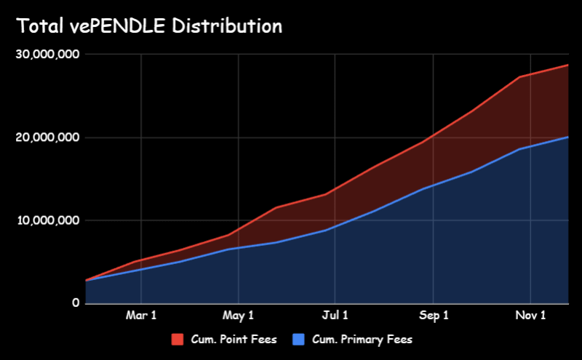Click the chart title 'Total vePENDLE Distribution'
[x=149, y=27]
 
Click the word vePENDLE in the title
[x=118, y=27]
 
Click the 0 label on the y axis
[x=76, y=303]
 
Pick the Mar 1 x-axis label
[x=141, y=316]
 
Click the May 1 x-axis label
[x=239, y=316]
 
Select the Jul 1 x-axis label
[x=335, y=316]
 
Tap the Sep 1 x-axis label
[x=434, y=316]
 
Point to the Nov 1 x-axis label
[x=531, y=316]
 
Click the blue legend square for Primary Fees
[x=298, y=340]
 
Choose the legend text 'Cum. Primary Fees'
[x=362, y=340]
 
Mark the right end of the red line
[x=568, y=65]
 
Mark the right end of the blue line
[x=568, y=137]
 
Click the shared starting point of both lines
[x=86, y=281]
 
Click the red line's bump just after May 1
[x=276, y=208]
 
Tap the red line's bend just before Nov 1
[x=519, y=77]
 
